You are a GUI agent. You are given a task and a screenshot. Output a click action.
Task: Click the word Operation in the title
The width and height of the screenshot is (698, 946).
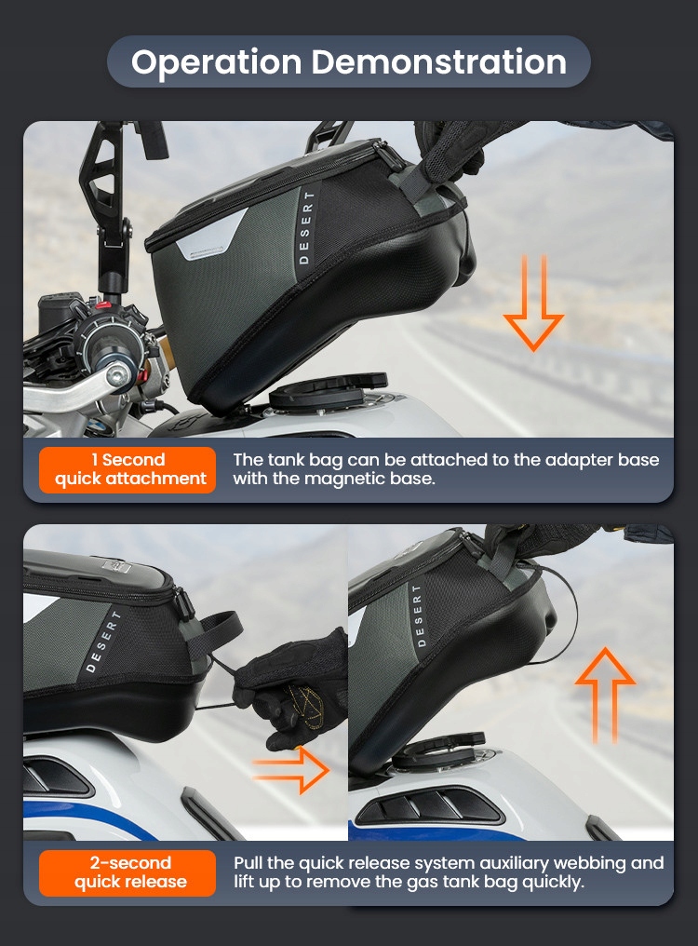pos(216,62)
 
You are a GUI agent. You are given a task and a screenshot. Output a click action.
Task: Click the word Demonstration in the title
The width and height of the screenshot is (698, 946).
pos(439,61)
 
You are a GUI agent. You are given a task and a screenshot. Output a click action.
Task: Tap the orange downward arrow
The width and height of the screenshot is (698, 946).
pos(533,303)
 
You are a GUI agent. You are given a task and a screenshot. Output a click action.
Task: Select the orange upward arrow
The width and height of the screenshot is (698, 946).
pos(605,695)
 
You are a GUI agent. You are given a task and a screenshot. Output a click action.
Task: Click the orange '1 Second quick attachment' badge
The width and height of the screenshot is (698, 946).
pos(128,469)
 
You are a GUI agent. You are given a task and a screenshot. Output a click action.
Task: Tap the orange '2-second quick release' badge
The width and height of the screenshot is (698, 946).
pos(128,872)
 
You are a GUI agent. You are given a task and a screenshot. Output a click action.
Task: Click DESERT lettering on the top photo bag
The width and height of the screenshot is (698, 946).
pos(306,227)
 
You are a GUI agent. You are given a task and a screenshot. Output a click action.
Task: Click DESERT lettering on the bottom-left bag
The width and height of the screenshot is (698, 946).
pos(103,642)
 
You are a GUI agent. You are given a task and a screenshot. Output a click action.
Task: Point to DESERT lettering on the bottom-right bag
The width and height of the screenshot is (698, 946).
pos(418,615)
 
